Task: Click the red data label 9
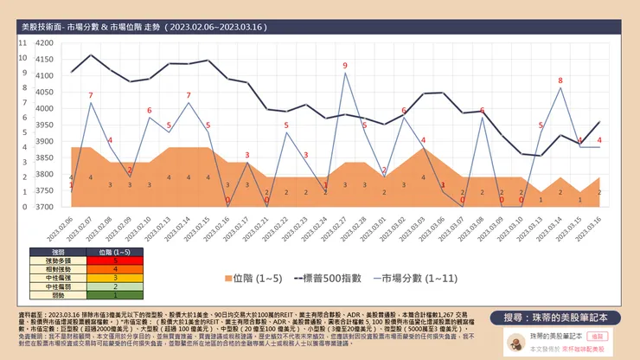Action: (x=345, y=66)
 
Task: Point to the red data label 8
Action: (x=560, y=80)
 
